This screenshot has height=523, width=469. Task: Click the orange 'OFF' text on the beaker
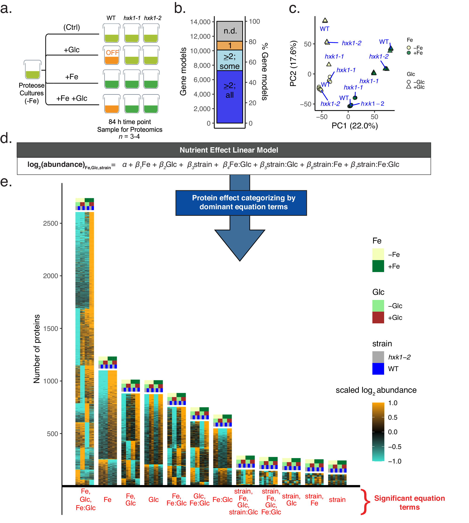(112, 52)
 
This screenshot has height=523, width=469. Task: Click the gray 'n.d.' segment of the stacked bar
(230, 31)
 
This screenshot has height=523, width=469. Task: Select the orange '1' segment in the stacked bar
(230, 46)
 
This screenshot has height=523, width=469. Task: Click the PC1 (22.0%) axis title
(355, 126)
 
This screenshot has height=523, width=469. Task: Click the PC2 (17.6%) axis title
(293, 63)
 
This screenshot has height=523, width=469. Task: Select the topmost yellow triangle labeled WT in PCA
(325, 20)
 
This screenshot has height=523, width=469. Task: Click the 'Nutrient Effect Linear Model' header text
(229, 150)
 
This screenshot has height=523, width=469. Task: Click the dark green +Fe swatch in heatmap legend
(378, 266)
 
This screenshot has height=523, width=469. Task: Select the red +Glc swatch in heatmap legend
(378, 317)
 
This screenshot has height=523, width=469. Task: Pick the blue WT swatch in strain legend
(378, 369)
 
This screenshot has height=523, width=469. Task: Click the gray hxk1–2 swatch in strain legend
(378, 357)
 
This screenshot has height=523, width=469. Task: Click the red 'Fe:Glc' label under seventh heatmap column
(222, 500)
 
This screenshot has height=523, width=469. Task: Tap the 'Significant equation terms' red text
(409, 502)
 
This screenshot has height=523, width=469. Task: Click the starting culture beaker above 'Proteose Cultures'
(32, 70)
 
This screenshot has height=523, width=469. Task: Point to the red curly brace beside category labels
(365, 502)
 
